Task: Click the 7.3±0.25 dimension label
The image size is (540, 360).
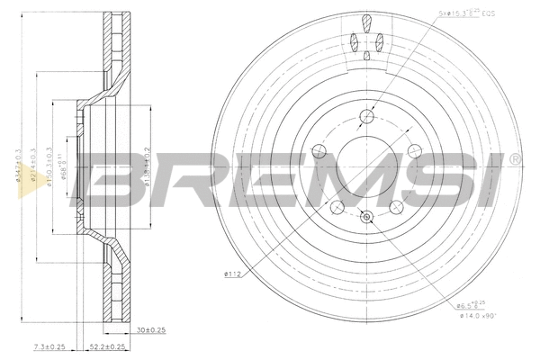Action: pyautogui.click(x=49, y=346)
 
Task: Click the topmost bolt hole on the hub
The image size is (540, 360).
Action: pyautogui.click(x=366, y=115)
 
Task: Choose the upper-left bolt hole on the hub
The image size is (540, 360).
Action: pyautogui.click(x=319, y=150)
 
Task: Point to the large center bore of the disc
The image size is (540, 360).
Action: pyautogui.click(x=366, y=166)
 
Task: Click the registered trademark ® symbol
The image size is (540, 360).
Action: pyautogui.click(x=514, y=160)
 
